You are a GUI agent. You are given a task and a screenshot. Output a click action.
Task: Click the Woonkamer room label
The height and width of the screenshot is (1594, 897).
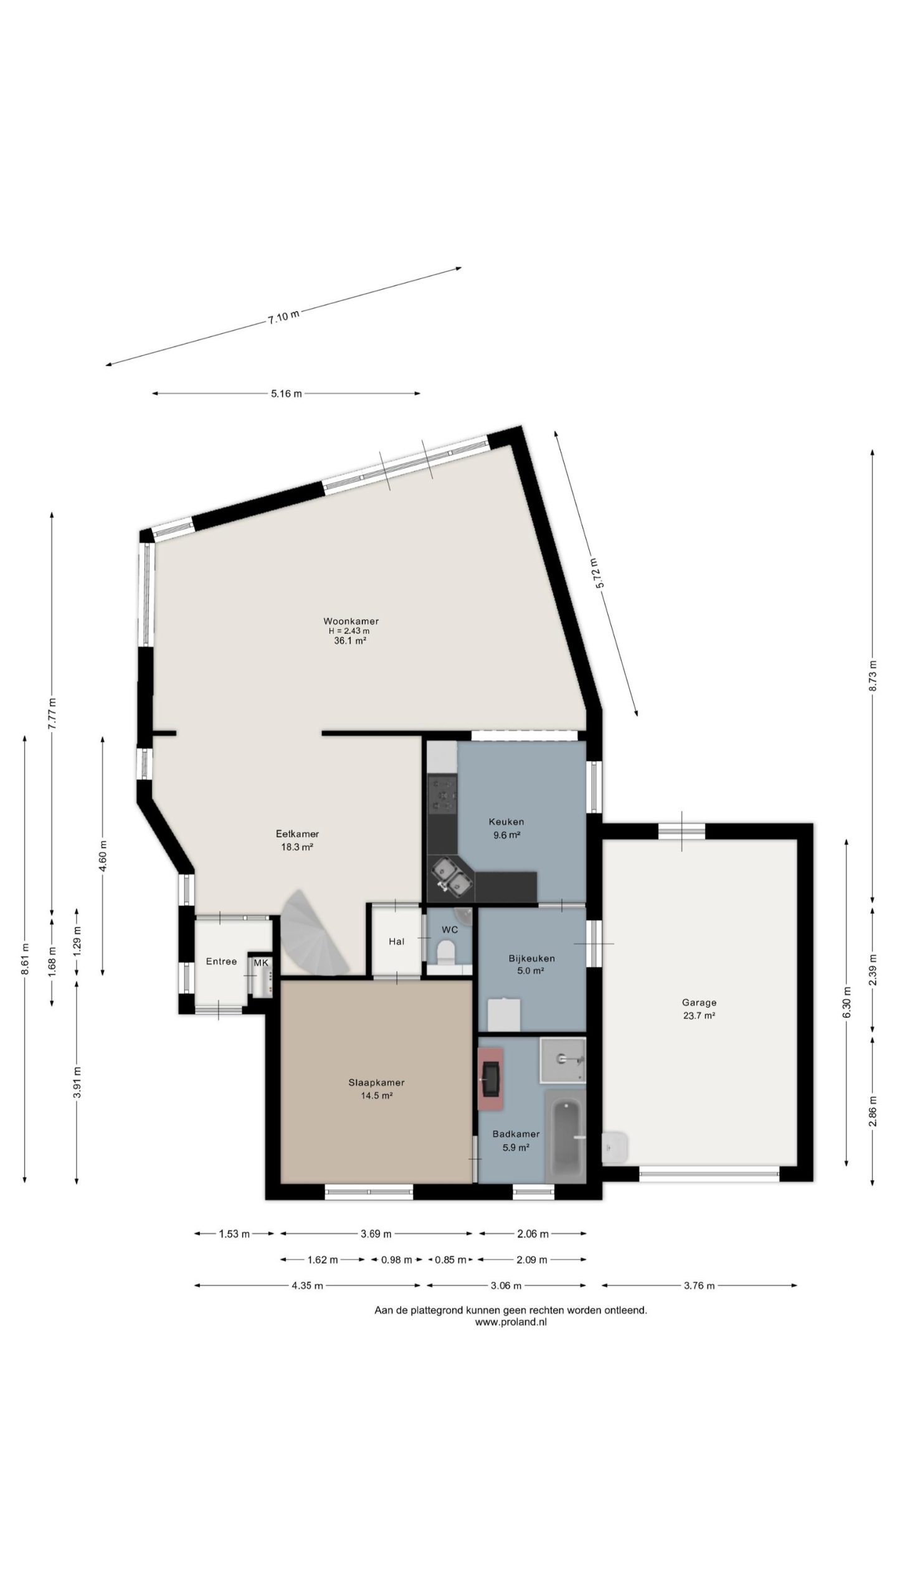351,621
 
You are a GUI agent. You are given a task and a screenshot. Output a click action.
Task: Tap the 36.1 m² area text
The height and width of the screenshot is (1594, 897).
349,640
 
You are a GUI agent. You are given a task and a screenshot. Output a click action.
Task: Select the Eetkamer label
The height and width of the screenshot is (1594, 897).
297,834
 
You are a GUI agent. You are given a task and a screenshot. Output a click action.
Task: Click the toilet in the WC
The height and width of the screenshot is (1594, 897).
445,951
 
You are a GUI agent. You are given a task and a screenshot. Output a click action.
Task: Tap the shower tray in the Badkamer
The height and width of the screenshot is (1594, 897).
563,1060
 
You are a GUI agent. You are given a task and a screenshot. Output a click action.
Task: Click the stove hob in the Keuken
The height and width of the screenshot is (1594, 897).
442,793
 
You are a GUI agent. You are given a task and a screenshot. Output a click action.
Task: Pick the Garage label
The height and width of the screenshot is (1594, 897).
699,1002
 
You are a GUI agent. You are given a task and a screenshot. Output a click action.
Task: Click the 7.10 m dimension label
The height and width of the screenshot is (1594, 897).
283,316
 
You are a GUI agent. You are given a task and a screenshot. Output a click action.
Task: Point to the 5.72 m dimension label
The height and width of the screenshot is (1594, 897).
597,573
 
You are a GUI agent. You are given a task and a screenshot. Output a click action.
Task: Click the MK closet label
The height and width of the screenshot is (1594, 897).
261,963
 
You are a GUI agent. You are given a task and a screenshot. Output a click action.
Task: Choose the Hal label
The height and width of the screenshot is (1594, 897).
396,941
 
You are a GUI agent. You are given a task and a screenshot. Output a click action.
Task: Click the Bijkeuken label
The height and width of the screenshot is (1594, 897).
531,958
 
